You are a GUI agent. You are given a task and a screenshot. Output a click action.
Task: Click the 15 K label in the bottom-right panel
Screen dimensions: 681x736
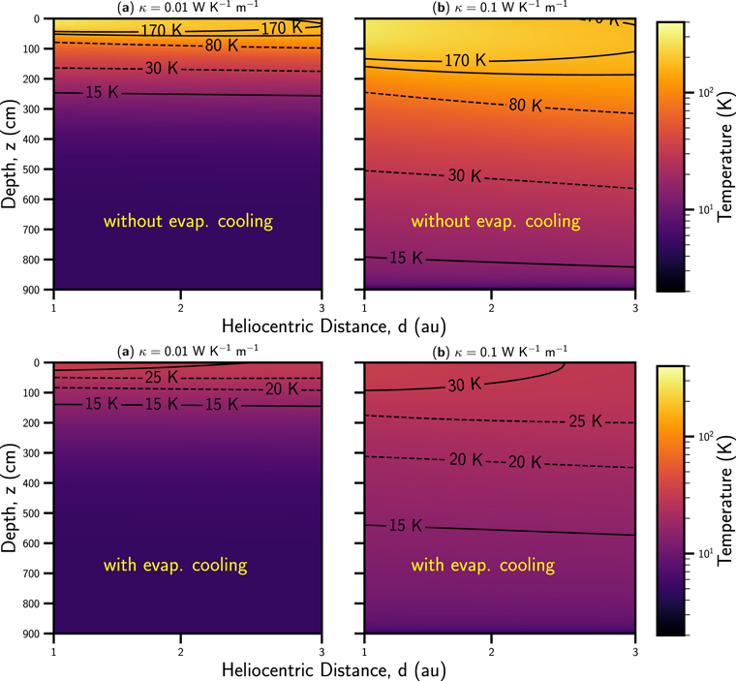pos(405,526)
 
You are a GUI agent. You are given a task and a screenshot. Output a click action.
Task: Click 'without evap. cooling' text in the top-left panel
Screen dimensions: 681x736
pos(188,222)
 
